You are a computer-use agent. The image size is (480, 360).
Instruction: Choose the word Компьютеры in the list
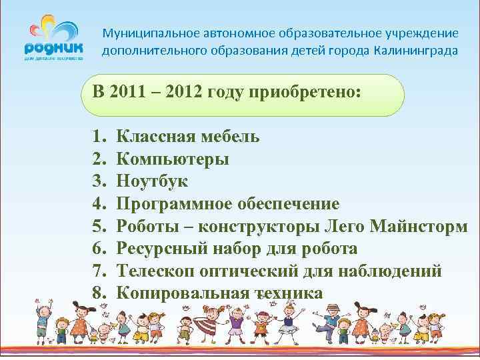(173, 159)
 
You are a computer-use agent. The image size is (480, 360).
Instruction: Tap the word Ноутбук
(152, 181)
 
